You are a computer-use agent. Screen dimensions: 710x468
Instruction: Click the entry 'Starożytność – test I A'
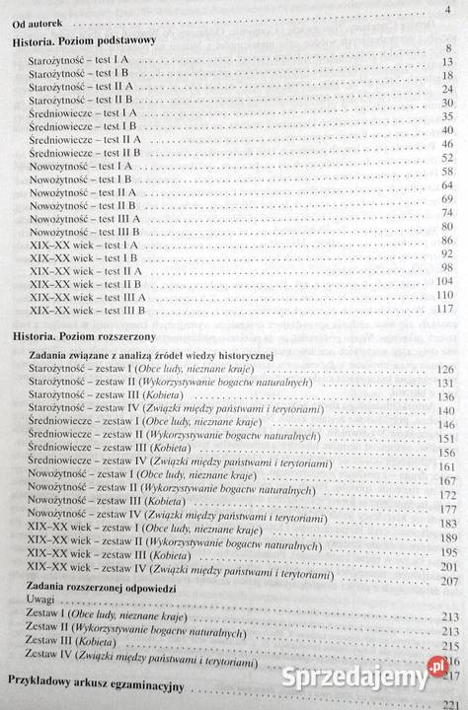85,61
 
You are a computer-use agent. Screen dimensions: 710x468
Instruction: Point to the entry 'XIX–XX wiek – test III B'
88,310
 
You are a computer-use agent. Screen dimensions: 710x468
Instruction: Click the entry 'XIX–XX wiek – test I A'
84,244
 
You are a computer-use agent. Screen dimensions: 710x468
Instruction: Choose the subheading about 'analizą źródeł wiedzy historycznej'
149,354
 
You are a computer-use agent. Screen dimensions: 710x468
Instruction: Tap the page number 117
443,310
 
